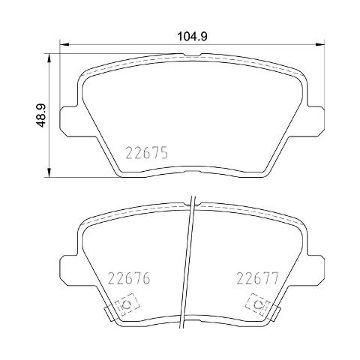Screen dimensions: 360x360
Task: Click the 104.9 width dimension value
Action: pyautogui.click(x=192, y=37)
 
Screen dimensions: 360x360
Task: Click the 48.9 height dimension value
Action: pyautogui.click(x=41, y=115)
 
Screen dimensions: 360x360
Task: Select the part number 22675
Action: pyautogui.click(x=147, y=153)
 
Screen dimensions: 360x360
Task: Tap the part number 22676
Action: pyautogui.click(x=129, y=278)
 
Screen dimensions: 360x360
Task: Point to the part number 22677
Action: pyautogui.click(x=257, y=278)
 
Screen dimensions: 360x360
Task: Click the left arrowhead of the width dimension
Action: pyautogui.click(x=64, y=45)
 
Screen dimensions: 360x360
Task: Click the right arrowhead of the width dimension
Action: pyautogui.click(x=320, y=45)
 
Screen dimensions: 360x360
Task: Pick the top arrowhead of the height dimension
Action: pyautogui.click(x=49, y=58)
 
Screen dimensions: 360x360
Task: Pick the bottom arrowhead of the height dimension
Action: pyautogui.click(x=49, y=172)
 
